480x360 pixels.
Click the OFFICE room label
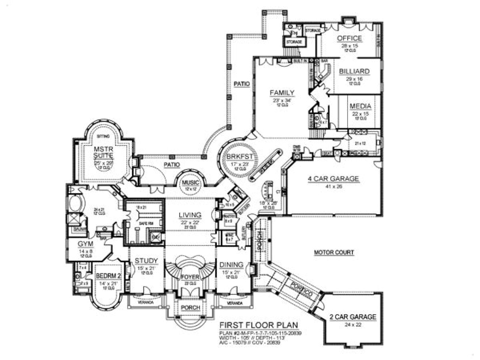(349, 38)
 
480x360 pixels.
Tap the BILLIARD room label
(354, 71)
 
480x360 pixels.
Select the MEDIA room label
(360, 106)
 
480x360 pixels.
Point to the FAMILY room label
(282, 93)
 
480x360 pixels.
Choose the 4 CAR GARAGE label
(333, 179)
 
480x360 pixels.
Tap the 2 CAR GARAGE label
(352, 317)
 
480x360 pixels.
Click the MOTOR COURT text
(334, 252)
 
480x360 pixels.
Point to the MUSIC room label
(190, 183)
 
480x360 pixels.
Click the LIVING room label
(190, 215)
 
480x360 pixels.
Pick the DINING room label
(231, 264)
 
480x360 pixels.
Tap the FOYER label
(190, 277)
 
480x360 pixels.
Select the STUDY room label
(146, 261)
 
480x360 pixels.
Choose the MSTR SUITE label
(100, 152)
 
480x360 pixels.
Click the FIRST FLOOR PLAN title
(259, 325)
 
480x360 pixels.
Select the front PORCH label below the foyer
(190, 307)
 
